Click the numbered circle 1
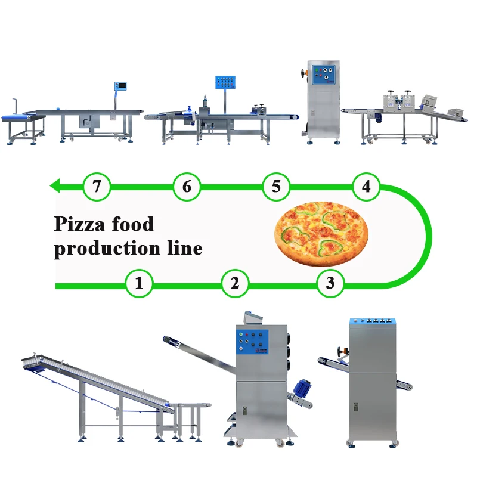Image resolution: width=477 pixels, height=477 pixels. tap(139, 283)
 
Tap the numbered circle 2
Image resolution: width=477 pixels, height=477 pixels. tap(235, 283)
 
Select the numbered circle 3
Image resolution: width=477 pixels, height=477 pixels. tap(330, 283)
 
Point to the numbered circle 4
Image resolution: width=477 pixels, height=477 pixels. tap(366, 186)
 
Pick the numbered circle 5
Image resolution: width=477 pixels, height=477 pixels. tap(275, 186)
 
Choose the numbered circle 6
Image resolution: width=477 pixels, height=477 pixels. tap(187, 186)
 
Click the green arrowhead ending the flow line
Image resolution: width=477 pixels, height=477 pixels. tap(55, 186)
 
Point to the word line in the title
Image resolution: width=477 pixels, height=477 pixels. tap(184, 247)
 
